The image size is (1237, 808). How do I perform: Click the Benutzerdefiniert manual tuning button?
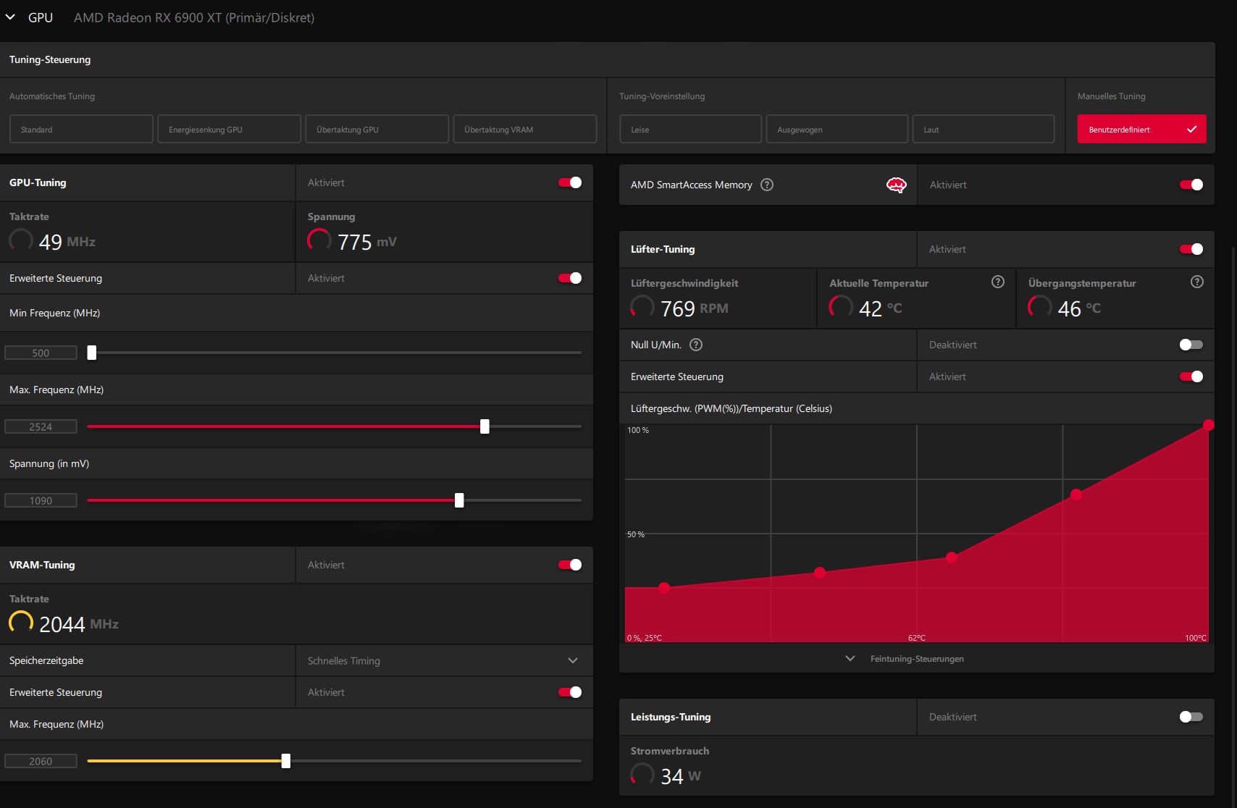[x=1141, y=129]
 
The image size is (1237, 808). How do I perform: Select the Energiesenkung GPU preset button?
[x=229, y=129]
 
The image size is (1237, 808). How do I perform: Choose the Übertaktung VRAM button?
[x=524, y=129]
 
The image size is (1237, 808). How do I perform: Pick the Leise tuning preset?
[x=690, y=129]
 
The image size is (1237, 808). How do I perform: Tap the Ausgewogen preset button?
[x=836, y=129]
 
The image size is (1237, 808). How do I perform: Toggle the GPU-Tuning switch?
[x=570, y=182]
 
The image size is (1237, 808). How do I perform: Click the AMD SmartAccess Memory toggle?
[x=1191, y=185]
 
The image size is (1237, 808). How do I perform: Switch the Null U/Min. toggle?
[x=1191, y=345]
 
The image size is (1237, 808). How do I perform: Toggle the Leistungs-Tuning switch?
[x=1191, y=717]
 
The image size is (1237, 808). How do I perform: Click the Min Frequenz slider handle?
[x=92, y=353]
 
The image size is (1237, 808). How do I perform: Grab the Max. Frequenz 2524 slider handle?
[x=485, y=426]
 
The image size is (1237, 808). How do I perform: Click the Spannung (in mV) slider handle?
[x=459, y=500]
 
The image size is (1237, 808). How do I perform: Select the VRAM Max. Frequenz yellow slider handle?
[x=285, y=761]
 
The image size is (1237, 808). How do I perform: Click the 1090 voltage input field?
[x=41, y=500]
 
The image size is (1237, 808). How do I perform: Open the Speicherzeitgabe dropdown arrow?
[x=573, y=660]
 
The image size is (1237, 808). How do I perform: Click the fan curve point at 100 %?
[x=1208, y=425]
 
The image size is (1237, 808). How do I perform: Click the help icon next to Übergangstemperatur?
[x=1196, y=282]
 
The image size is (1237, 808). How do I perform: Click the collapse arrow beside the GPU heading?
[x=10, y=17]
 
